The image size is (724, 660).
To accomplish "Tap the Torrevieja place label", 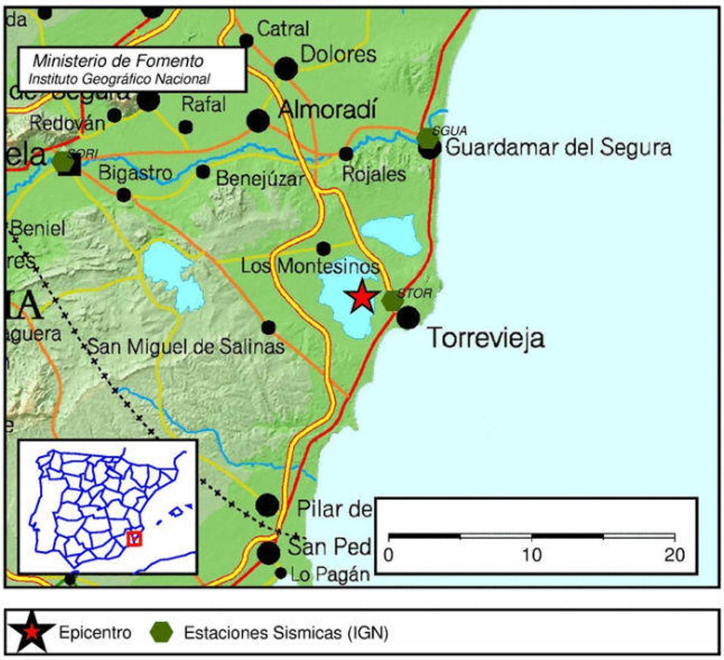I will click(486, 338).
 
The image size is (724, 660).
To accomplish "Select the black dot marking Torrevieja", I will click(408, 317).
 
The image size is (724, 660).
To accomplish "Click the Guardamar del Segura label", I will click(558, 147).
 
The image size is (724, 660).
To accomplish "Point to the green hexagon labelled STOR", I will click(393, 300).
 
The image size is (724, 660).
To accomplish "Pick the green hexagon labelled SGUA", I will click(428, 138).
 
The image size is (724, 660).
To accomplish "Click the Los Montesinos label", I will click(310, 265).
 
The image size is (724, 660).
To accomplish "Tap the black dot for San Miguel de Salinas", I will click(268, 328).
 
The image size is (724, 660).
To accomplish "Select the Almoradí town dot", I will click(258, 121).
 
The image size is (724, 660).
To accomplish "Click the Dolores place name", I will click(338, 54).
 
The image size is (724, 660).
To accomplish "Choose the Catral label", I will click(283, 28).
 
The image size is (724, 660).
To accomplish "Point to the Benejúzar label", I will click(260, 179).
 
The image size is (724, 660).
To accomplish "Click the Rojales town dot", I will click(346, 154).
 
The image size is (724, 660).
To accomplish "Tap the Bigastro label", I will click(135, 173).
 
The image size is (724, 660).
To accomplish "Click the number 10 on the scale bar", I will click(532, 554).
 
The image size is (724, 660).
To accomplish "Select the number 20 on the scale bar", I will click(675, 554).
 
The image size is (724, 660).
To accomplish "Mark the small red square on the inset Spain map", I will click(135, 538).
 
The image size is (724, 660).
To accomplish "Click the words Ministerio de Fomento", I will click(118, 61).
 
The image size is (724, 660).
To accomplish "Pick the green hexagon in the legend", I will click(162, 632).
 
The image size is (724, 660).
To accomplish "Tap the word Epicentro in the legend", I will click(95, 633).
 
